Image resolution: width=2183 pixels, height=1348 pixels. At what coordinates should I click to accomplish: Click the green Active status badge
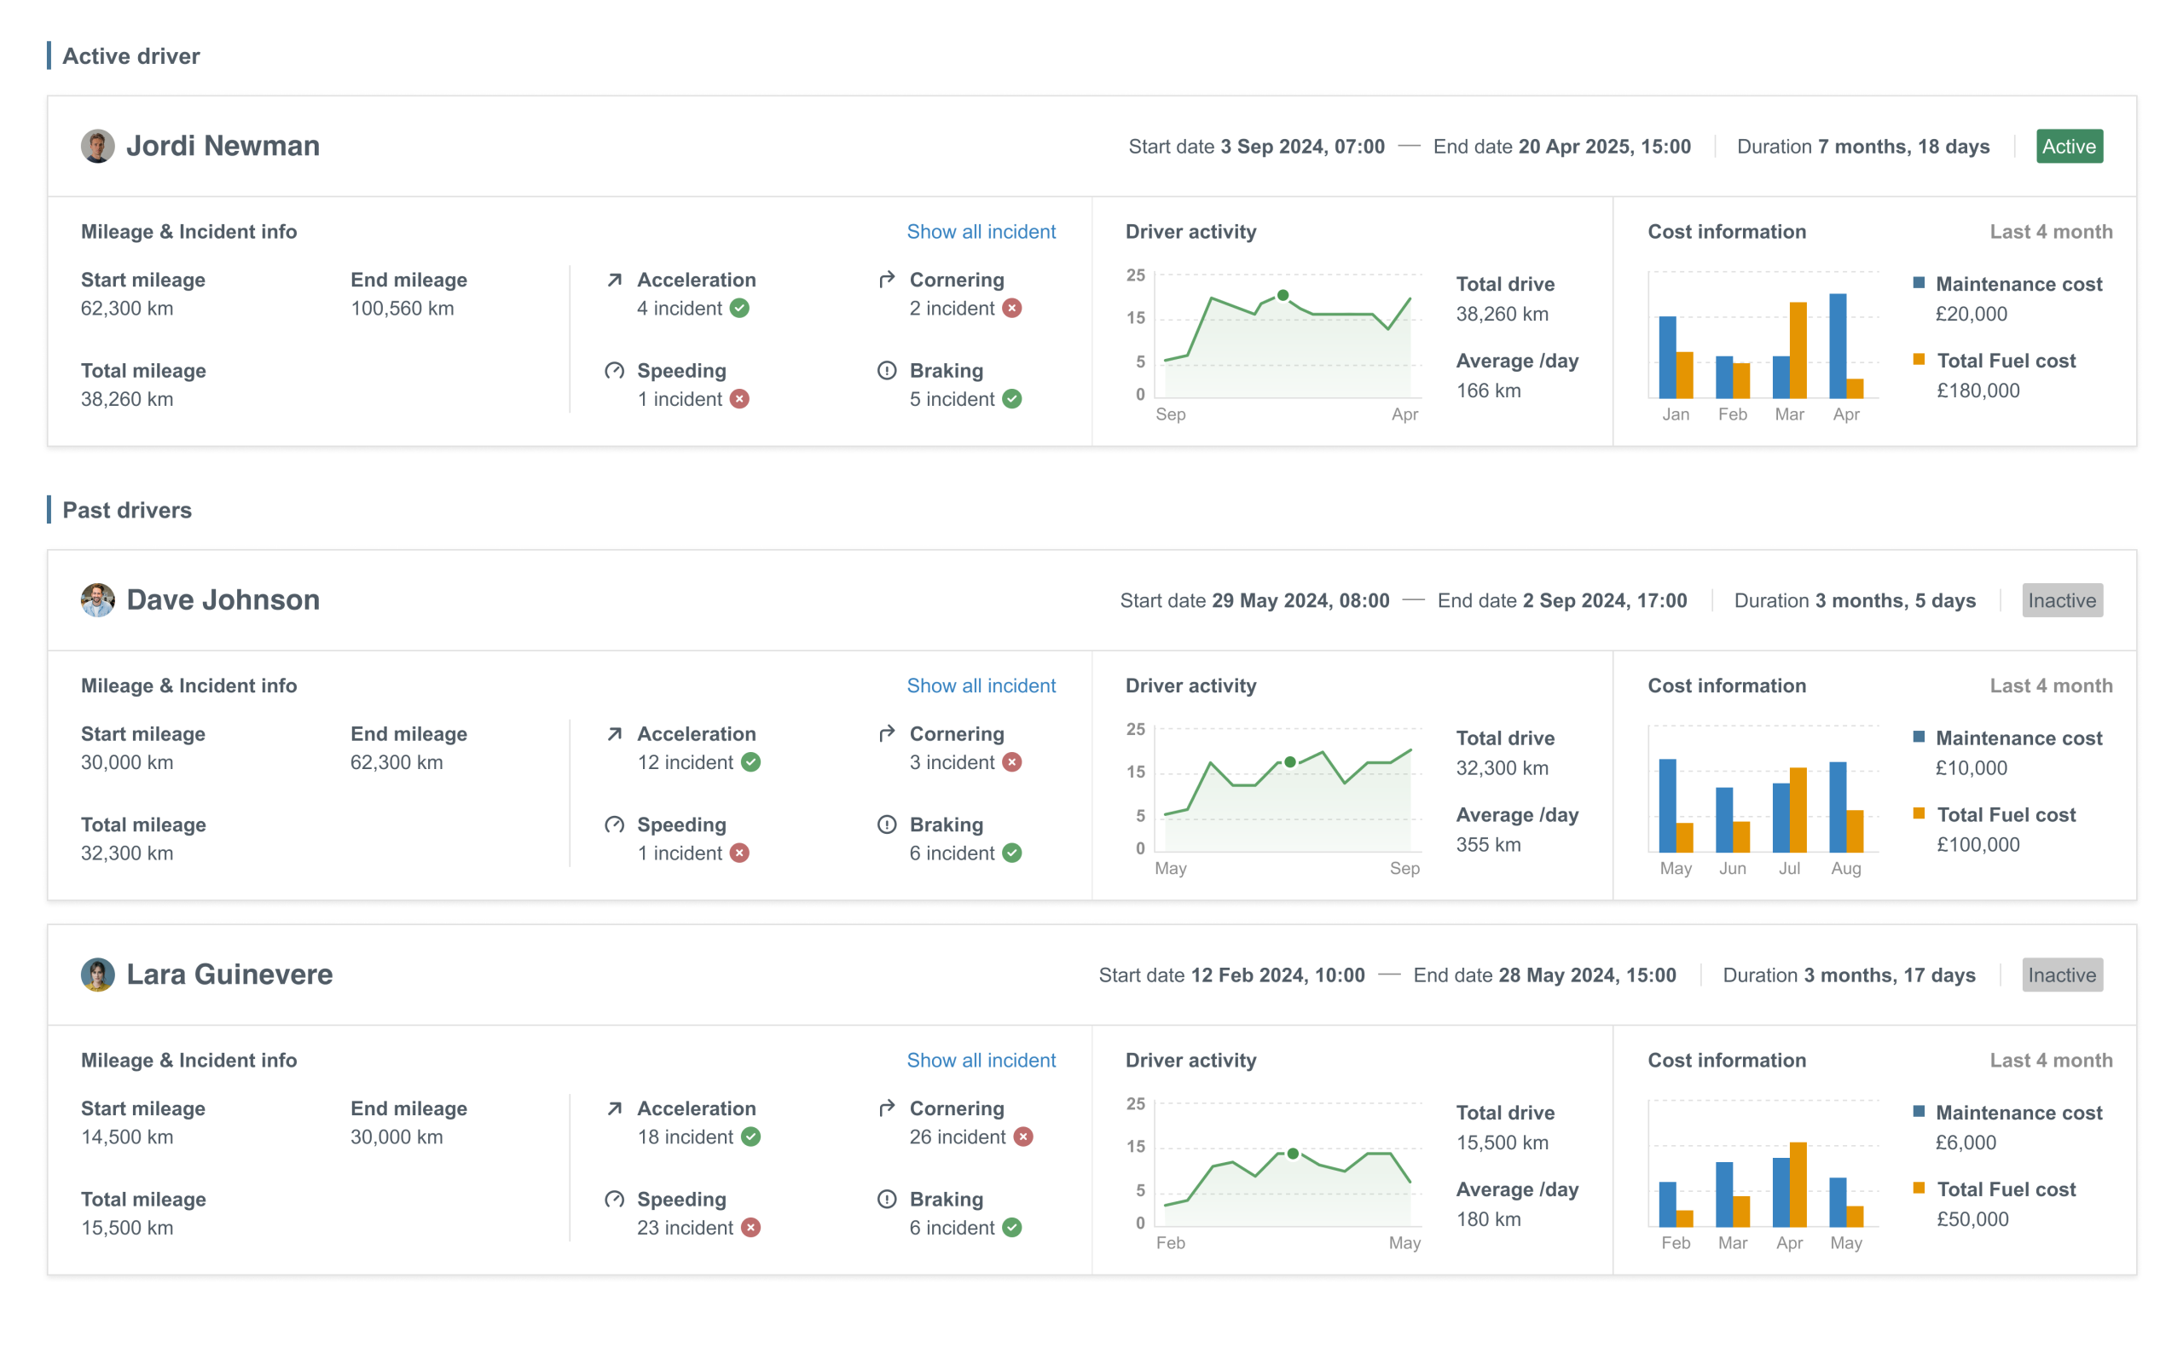pos(2068,146)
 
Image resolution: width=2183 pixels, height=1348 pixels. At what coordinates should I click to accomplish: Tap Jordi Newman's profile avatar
pos(97,146)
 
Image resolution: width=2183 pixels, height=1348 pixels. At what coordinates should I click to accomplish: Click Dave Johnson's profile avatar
pos(97,600)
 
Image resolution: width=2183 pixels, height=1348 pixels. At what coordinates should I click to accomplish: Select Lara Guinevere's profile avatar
pos(97,975)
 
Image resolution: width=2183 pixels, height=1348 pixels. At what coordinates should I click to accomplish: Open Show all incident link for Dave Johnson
pos(981,686)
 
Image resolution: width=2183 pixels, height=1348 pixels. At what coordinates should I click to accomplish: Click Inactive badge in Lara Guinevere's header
pos(2061,975)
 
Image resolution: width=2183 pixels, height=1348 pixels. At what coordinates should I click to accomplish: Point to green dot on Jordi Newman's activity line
pos(1282,295)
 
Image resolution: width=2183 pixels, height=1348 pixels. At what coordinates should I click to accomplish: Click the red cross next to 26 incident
pos(1023,1137)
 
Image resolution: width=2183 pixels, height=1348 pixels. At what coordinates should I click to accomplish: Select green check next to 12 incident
pos(750,762)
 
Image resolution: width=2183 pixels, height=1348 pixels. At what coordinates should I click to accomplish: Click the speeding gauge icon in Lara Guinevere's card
pos(614,1199)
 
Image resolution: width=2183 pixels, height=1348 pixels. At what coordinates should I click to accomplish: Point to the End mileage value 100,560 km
pos(402,309)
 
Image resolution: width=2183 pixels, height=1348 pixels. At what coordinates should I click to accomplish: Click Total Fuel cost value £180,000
pos(1977,391)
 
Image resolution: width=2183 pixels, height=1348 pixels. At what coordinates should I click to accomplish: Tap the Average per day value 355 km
pos(1488,844)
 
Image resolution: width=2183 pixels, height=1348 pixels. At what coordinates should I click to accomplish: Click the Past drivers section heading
pos(126,510)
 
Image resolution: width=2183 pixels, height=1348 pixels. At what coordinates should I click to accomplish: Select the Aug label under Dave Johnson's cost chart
pos(1845,868)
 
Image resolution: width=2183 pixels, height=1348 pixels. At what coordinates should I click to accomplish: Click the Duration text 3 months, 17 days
pos(1889,975)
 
